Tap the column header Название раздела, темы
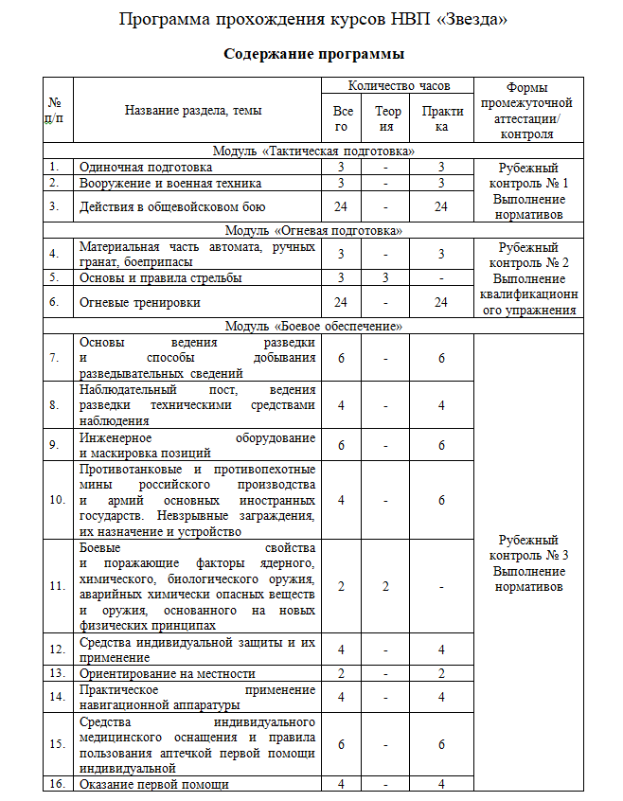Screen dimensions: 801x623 click(x=193, y=111)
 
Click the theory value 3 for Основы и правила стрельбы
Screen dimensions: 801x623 click(x=386, y=277)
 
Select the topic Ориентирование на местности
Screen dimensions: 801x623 click(x=168, y=673)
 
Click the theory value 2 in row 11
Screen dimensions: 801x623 click(x=386, y=586)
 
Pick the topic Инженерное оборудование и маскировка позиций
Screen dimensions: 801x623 click(x=196, y=445)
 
